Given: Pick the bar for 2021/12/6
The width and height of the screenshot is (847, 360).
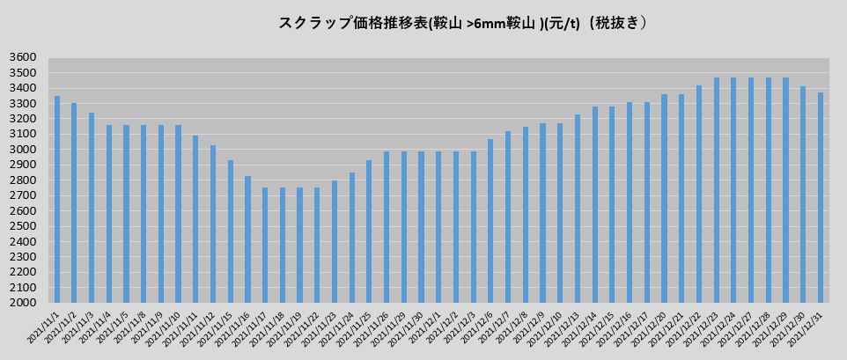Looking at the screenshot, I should tap(490, 220).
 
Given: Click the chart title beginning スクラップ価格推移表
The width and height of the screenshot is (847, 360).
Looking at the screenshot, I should tap(464, 24).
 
